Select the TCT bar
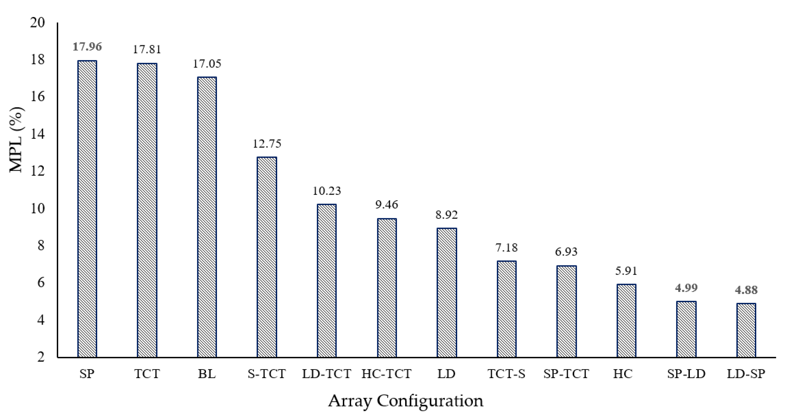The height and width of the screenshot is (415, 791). tap(147, 210)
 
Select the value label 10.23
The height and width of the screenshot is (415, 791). tap(327, 191)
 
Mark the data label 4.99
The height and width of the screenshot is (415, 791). tap(686, 288)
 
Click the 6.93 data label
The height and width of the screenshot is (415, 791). tap(566, 252)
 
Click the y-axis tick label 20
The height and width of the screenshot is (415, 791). tap(38, 23)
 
